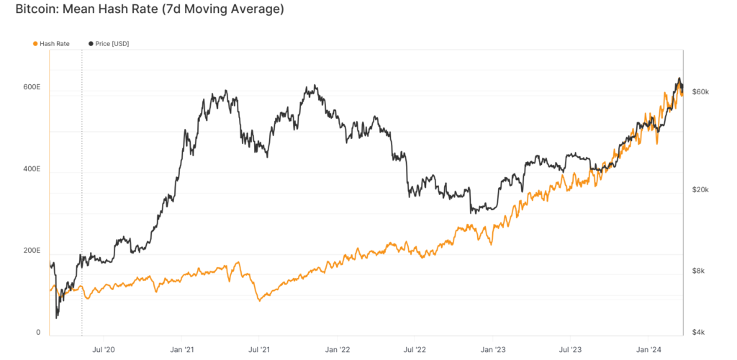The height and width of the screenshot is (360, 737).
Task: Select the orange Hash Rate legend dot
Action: pyautogui.click(x=35, y=44)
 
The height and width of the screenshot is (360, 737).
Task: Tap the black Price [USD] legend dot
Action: pyautogui.click(x=90, y=44)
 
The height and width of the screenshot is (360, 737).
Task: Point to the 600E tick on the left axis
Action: pyautogui.click(x=31, y=87)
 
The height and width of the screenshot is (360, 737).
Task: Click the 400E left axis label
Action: pyautogui.click(x=31, y=169)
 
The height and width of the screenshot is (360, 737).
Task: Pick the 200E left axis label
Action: pyautogui.click(x=31, y=251)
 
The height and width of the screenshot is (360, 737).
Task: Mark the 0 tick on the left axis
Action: pyautogui.click(x=38, y=332)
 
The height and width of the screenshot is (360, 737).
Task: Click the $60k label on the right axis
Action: pyautogui.click(x=700, y=92)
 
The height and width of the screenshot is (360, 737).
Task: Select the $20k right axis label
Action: pyautogui.click(x=700, y=190)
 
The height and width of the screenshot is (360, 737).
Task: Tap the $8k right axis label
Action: pyautogui.click(x=698, y=271)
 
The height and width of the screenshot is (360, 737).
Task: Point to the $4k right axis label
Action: pyautogui.click(x=698, y=332)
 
